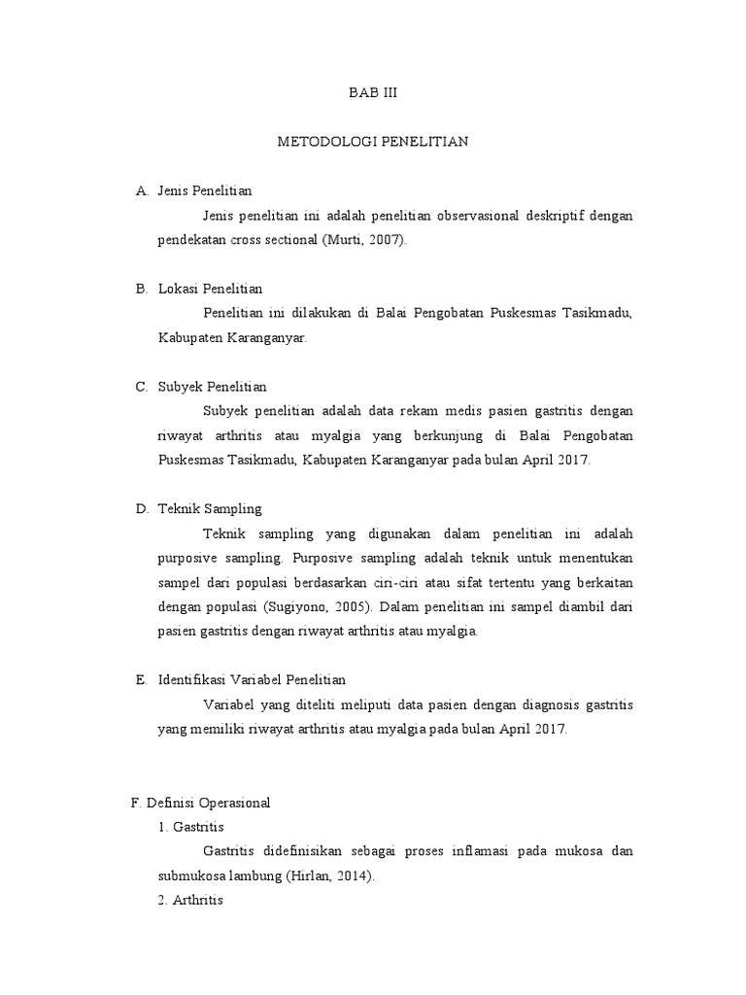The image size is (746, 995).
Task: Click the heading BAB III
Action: tap(373, 93)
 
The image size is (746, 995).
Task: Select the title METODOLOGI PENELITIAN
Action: tap(373, 142)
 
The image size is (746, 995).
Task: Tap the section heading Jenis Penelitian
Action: tap(204, 190)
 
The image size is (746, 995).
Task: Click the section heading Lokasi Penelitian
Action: tap(210, 289)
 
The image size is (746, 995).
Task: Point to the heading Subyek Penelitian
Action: tap(212, 387)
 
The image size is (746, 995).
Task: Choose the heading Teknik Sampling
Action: tap(210, 508)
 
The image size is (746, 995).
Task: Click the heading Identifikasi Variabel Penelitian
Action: tap(252, 679)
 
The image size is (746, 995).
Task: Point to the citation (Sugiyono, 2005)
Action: tap(318, 606)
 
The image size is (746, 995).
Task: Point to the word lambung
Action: tap(257, 875)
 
